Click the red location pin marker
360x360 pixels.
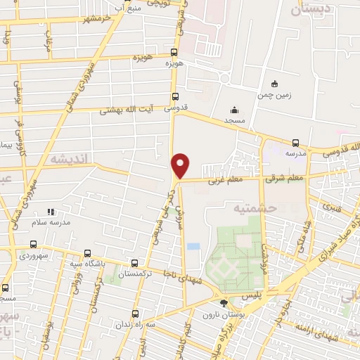click(x=181, y=165)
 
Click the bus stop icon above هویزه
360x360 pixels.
click(x=174, y=51)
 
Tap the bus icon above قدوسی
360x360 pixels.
click(x=176, y=97)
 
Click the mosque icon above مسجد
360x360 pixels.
click(x=235, y=110)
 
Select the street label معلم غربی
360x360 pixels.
click(x=223, y=181)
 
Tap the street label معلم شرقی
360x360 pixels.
click(x=285, y=179)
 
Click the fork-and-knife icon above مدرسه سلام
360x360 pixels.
click(x=50, y=212)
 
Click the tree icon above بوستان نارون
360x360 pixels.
click(x=224, y=304)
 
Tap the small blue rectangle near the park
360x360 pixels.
click(x=193, y=247)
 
